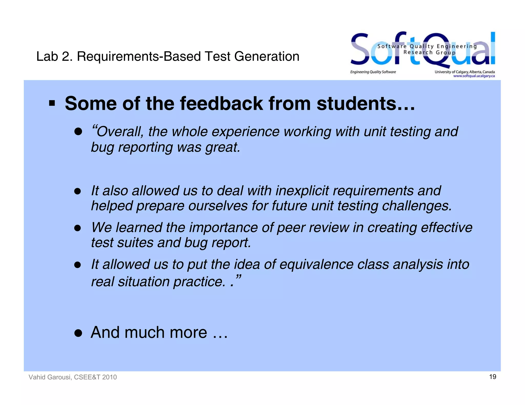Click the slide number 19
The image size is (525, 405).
492,377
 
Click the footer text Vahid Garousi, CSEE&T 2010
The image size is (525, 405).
73,377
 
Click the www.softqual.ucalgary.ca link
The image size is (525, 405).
474,76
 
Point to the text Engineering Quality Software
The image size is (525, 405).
373,72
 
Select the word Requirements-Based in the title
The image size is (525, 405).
139,56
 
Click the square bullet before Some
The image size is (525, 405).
52,103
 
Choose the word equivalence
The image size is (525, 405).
316,264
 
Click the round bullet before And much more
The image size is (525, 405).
78,333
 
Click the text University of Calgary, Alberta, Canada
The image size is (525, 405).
465,72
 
